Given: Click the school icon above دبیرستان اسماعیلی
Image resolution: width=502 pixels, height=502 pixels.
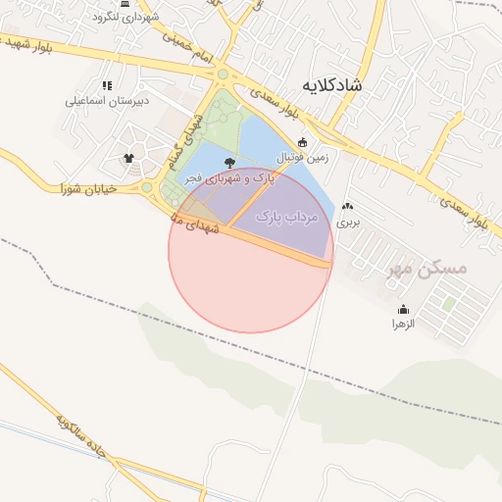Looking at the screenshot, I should click(x=107, y=85).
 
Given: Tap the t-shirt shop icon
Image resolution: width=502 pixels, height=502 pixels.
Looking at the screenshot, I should click(x=128, y=157).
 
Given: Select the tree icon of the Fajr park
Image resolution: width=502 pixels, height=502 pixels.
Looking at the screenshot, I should click(x=229, y=162).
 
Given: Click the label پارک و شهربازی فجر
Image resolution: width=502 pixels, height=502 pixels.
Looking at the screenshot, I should click(x=229, y=178).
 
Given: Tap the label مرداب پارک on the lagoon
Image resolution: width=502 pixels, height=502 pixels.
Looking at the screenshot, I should click(x=288, y=215).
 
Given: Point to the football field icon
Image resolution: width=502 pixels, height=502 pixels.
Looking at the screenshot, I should click(x=302, y=142).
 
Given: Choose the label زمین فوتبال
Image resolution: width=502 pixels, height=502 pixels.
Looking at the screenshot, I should click(x=304, y=157).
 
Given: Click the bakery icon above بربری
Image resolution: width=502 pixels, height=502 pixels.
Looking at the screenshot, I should click(x=348, y=207).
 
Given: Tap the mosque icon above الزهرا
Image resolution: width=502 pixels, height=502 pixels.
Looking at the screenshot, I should click(x=403, y=310).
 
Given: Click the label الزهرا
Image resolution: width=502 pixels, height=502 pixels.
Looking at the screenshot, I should click(x=403, y=324).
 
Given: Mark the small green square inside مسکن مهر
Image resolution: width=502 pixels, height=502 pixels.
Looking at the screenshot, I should click(x=448, y=304).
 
